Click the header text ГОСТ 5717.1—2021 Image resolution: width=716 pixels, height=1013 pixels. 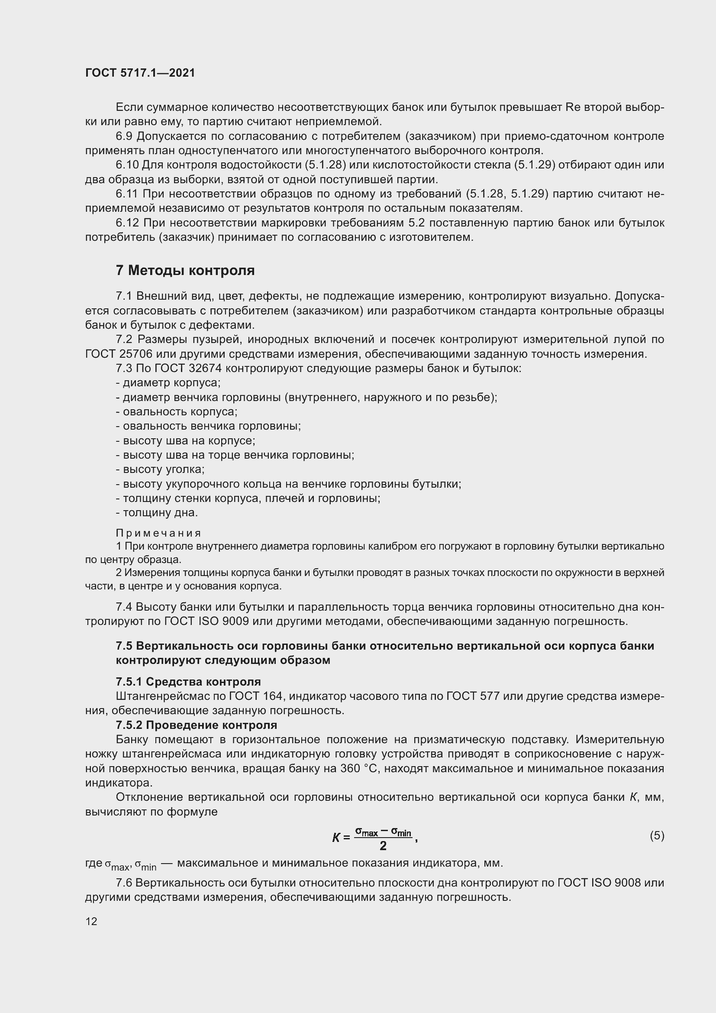pos(140,73)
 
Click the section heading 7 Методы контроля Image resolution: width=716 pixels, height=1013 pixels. pos(185,270)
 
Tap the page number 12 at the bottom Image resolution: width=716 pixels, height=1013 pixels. pos(91,921)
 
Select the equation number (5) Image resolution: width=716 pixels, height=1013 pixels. pos(657,835)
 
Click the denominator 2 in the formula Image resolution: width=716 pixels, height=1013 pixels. pos(383,846)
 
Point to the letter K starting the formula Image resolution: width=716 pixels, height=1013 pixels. pos(336,838)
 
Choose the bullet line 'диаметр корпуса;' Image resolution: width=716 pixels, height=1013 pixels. pos(168,382)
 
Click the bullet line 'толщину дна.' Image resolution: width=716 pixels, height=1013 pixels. pos(157,512)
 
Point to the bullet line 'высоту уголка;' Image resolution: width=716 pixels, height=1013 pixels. pos(161,469)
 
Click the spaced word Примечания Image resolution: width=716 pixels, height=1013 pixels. pos(158,534)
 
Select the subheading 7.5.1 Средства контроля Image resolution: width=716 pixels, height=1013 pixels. pos(188,682)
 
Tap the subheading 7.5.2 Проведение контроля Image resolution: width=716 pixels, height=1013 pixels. pos(196,725)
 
